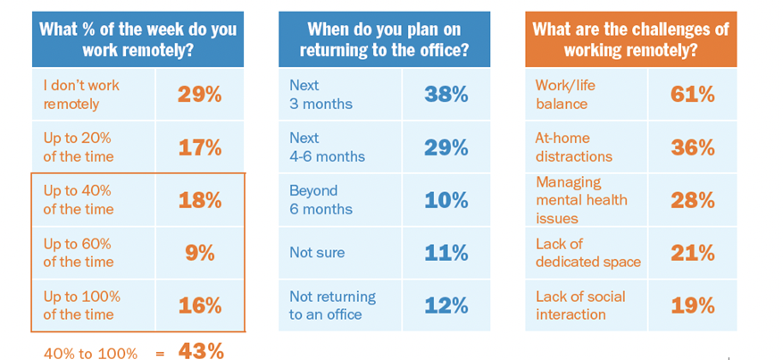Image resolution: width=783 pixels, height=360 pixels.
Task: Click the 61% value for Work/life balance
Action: [693, 95]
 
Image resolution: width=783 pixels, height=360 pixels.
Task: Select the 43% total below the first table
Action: [201, 351]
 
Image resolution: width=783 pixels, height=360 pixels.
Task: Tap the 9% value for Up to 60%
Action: [200, 253]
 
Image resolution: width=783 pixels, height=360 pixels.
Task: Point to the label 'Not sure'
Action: [317, 253]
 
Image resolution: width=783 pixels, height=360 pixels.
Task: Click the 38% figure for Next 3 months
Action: [446, 95]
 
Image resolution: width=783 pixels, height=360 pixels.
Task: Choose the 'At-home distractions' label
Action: [574, 147]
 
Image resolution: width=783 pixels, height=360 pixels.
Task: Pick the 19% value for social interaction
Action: [693, 306]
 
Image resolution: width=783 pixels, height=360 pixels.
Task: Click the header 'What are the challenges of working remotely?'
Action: [630, 39]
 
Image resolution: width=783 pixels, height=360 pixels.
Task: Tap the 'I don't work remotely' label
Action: [81, 95]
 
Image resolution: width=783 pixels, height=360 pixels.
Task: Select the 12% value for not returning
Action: [446, 306]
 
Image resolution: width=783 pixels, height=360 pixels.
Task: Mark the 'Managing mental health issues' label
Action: [582, 200]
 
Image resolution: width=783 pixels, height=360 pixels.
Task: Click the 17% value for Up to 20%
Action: [200, 147]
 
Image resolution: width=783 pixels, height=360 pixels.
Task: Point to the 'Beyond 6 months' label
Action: [321, 200]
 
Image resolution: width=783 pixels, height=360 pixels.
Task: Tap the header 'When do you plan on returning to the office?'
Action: [385, 39]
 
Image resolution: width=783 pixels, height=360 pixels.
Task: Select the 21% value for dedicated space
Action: [693, 253]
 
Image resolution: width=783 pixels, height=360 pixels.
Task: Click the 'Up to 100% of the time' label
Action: [82, 306]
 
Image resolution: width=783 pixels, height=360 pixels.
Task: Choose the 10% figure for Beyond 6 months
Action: [446, 200]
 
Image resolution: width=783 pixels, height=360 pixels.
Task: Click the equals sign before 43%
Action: [160, 354]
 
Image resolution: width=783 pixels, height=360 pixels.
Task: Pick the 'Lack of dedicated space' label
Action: [588, 253]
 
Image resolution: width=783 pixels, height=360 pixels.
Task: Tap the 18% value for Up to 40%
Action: [200, 200]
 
